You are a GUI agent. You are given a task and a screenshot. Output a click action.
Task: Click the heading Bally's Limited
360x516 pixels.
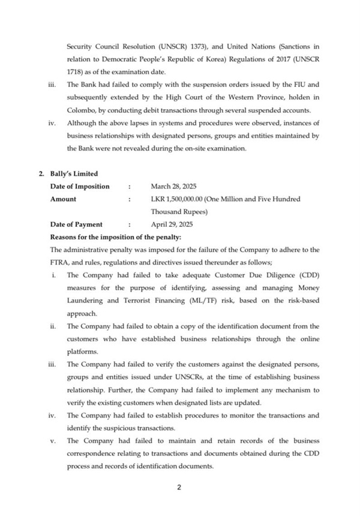click(x=73, y=174)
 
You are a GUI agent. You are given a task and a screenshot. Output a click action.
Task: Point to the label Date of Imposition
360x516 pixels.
click(x=79, y=186)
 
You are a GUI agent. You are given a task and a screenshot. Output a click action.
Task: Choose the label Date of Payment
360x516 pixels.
click(x=76, y=224)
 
